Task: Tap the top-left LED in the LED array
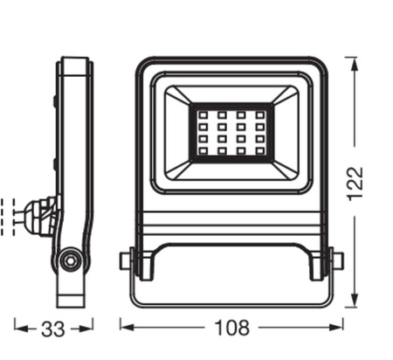click(200, 115)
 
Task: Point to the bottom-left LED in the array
click(200, 152)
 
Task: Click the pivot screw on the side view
click(69, 260)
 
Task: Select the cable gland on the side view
click(40, 212)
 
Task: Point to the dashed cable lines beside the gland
click(10, 212)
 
